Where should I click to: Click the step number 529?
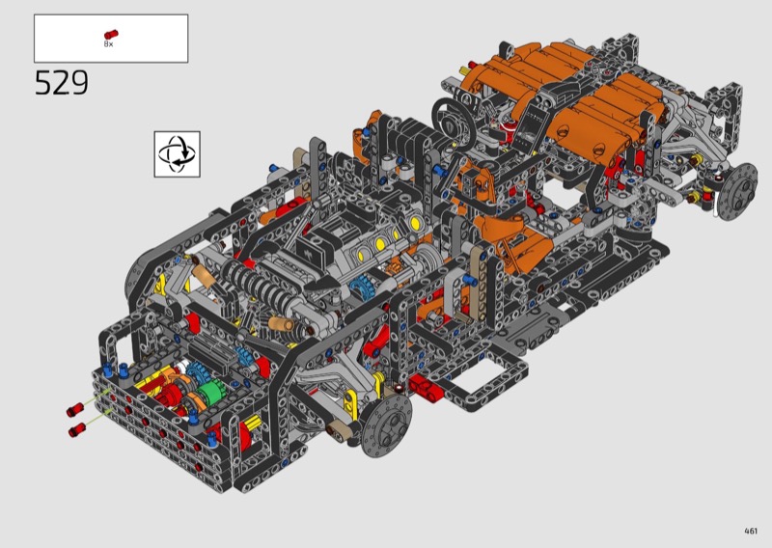62,82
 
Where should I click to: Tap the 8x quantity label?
108,43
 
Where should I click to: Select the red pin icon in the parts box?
111,34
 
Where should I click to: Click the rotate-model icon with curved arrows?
178,154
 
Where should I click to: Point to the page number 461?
751,531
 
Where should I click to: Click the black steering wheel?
454,122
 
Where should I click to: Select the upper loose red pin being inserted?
75,409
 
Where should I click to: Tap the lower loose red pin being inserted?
78,430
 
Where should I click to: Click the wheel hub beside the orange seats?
737,191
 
